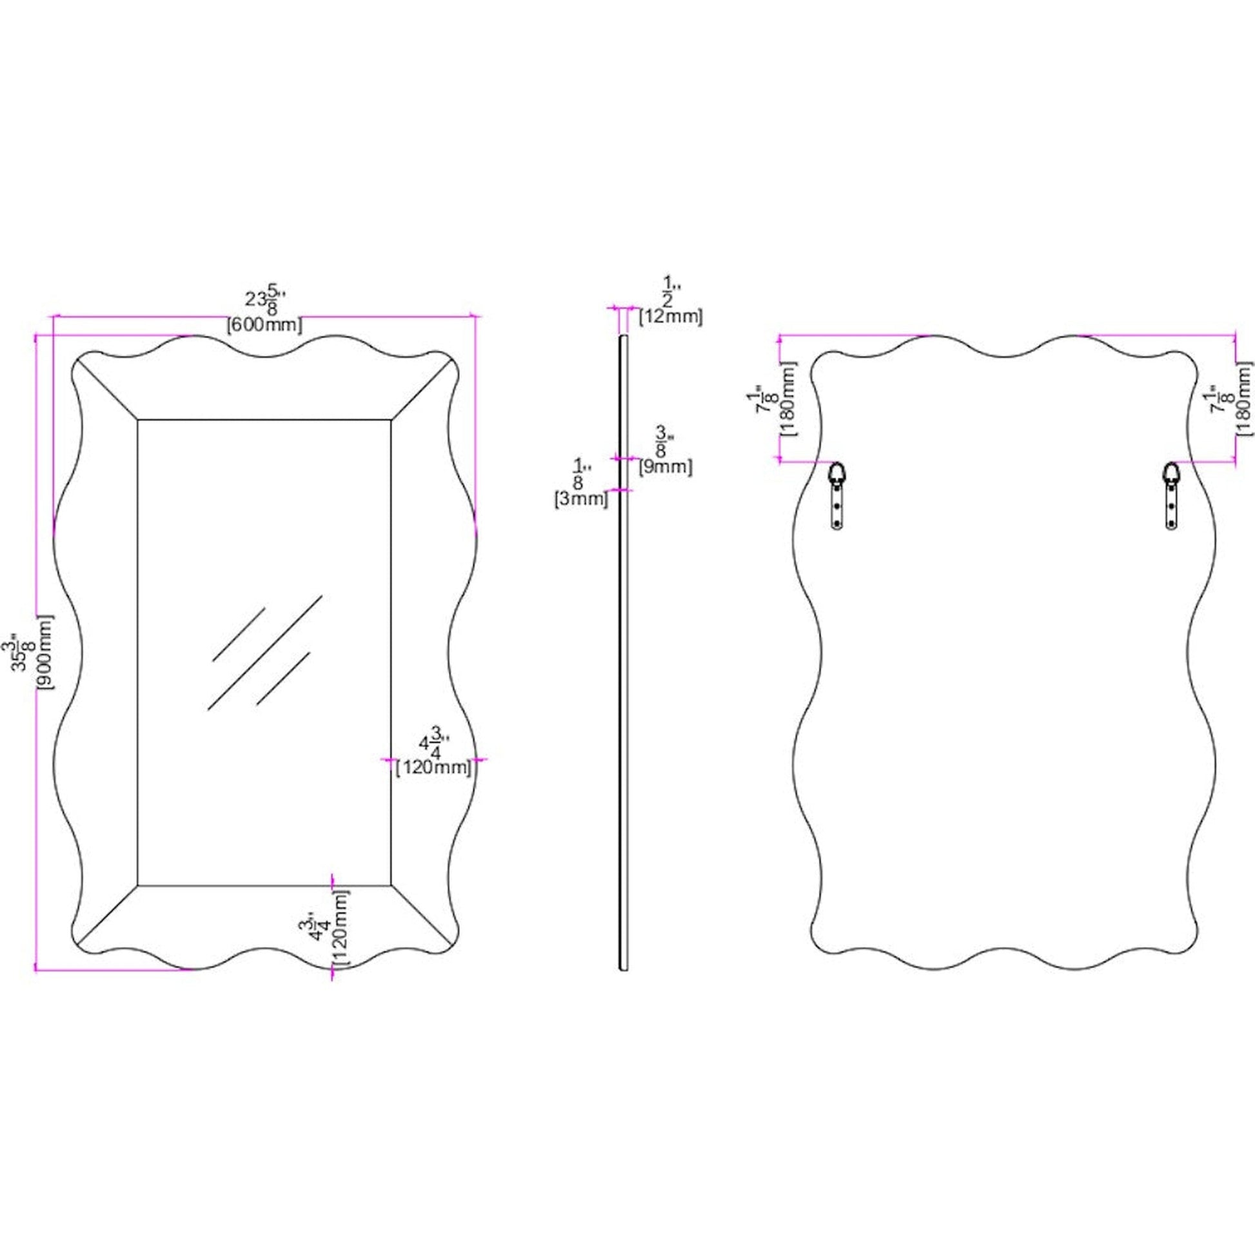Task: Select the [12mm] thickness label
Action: tap(671, 317)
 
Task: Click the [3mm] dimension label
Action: tap(580, 499)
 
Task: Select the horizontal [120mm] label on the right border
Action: tap(434, 767)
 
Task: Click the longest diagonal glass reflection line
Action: tap(265, 651)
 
